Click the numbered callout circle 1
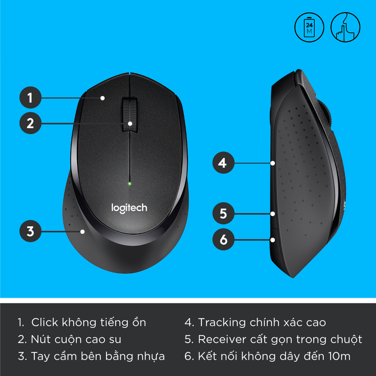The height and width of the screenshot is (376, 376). point(30,98)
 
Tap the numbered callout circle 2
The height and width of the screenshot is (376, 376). point(30,123)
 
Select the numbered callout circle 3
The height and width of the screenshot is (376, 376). point(30,231)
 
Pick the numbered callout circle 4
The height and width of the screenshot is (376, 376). point(223,163)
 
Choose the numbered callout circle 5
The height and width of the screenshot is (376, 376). point(223,213)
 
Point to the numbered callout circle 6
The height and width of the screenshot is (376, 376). point(223,239)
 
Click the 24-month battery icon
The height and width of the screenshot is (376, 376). point(309,27)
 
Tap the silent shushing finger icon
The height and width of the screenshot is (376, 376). point(345,27)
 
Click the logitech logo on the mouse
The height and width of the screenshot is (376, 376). point(129,208)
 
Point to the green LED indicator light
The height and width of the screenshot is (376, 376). point(129,184)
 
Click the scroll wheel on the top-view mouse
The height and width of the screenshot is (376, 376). point(129,114)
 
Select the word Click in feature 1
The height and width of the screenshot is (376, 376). point(44,322)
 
